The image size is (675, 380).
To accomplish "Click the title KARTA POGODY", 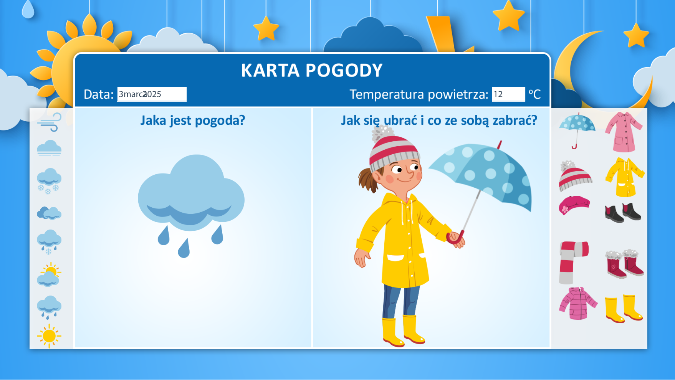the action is [312, 71].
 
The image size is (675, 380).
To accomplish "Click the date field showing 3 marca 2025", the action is [152, 94].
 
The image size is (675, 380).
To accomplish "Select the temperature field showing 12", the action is [508, 94].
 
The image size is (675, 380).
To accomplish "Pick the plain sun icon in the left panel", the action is [49, 336].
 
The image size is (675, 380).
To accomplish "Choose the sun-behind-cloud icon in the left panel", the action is [49, 275].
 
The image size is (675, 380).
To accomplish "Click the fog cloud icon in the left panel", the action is [49, 148].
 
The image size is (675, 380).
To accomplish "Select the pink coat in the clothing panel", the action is [624, 132].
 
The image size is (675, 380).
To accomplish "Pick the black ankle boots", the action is [623, 213].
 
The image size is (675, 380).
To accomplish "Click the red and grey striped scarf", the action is [574, 263].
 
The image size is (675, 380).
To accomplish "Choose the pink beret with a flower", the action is [574, 205].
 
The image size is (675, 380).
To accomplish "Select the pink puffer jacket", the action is [578, 304].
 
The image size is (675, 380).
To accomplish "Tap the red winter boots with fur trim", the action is [624, 263].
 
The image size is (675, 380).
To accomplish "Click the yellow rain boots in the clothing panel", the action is [624, 309].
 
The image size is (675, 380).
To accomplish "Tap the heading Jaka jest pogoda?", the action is [192, 121].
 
